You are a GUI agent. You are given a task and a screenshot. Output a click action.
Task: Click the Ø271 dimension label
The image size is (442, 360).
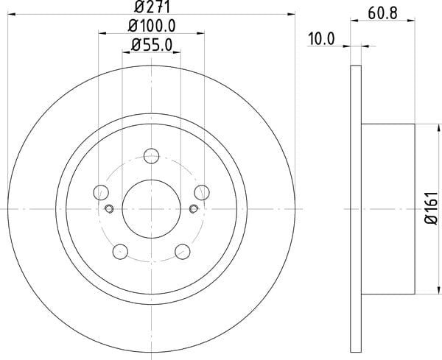(x=152, y=7)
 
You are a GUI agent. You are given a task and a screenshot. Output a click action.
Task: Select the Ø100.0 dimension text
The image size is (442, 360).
(x=152, y=26)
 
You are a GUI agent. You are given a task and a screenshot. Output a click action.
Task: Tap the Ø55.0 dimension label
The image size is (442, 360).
(x=152, y=45)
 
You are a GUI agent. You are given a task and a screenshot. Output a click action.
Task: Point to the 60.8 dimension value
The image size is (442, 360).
(x=382, y=13)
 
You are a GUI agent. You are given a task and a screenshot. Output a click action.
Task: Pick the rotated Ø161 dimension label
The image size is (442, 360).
(x=431, y=208)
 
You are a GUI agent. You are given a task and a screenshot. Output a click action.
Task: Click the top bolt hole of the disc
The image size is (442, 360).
(x=151, y=156)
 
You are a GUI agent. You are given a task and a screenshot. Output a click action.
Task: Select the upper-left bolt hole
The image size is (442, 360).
(x=101, y=192)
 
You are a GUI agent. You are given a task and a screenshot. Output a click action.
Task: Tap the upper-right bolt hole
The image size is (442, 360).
(x=202, y=192)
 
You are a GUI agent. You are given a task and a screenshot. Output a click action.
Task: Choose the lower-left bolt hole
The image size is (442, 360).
(x=120, y=252)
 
